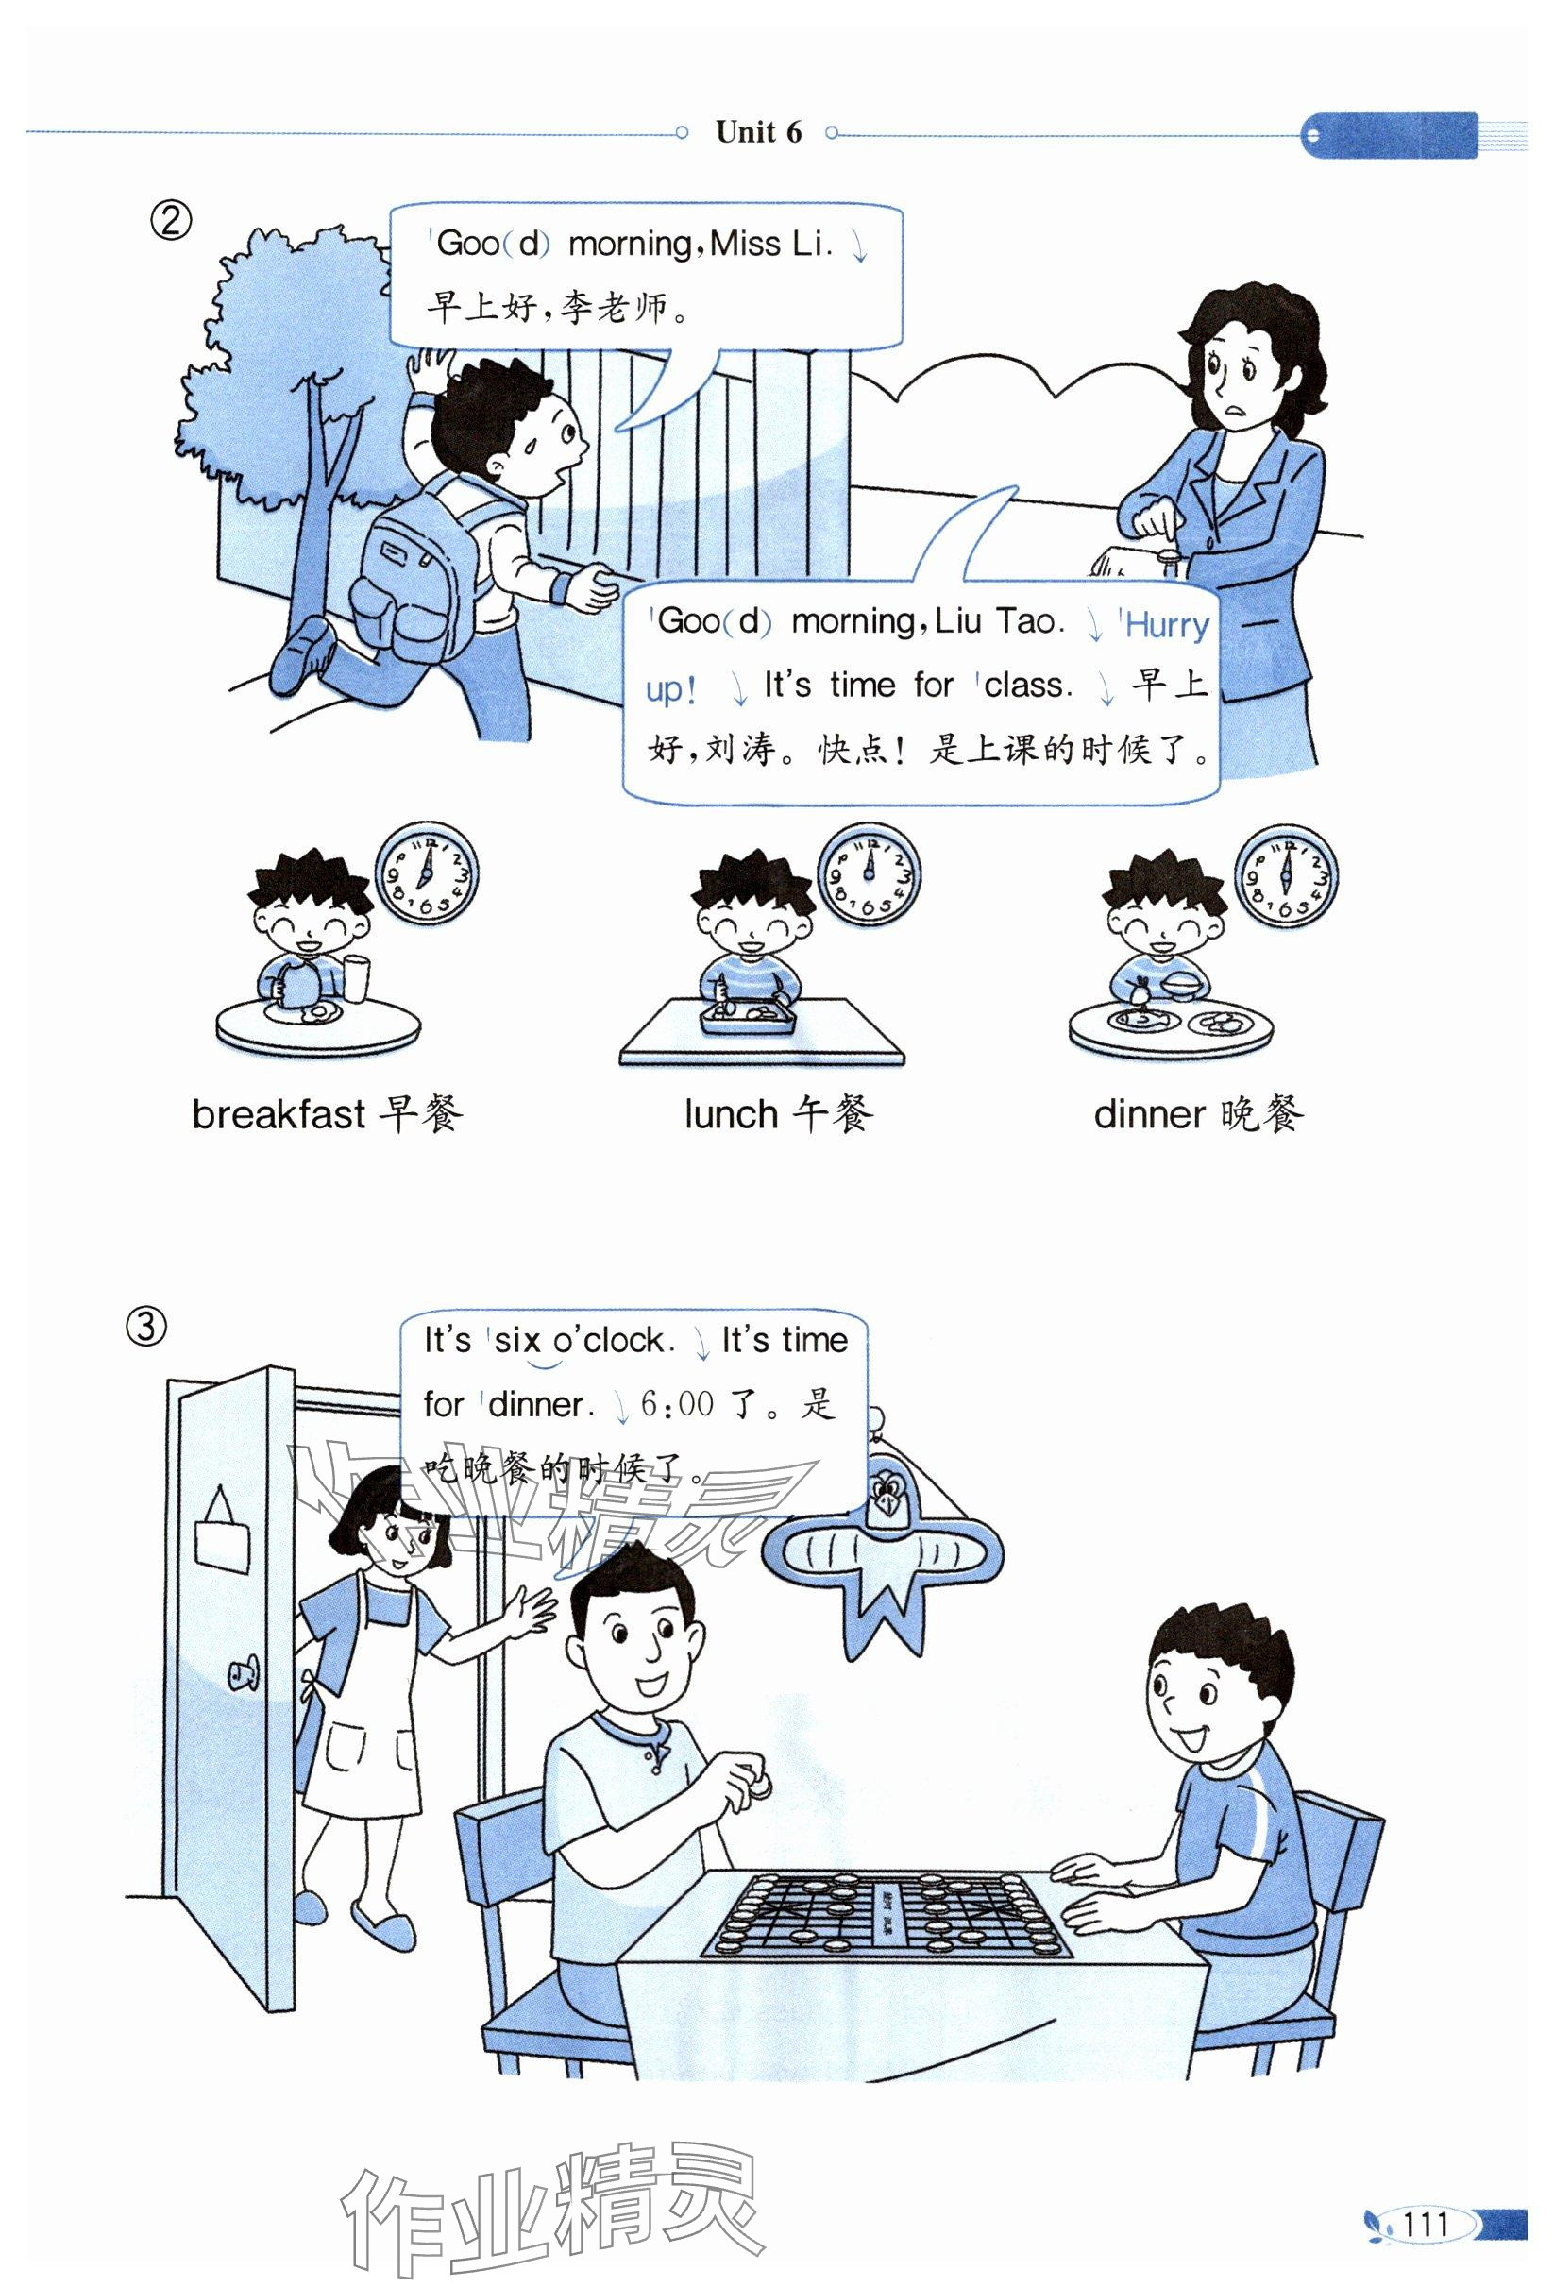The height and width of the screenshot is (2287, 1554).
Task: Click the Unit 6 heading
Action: tap(758, 132)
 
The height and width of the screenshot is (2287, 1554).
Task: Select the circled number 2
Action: tap(169, 221)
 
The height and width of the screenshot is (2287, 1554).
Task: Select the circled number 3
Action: tap(145, 1329)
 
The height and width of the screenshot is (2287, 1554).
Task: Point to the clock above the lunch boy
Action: tap(869, 873)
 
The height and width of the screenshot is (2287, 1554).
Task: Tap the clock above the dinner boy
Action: tap(1285, 876)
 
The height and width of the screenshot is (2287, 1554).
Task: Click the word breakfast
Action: tap(279, 1115)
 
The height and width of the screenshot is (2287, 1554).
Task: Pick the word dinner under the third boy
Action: tap(1150, 1115)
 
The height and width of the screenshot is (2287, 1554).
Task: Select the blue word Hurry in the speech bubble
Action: tap(1166, 624)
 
